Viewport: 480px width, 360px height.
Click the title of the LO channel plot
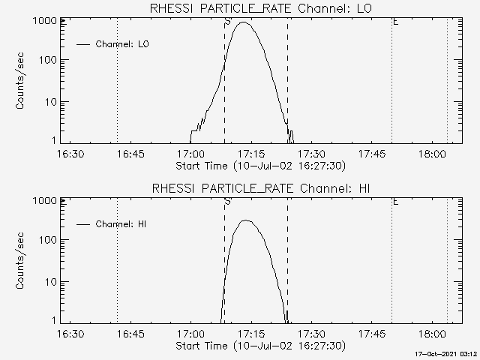pos(260,8)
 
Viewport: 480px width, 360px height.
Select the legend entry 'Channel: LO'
pos(123,44)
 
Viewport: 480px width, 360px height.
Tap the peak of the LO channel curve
pos(243,22)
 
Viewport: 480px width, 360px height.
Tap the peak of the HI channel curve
pos(245,220)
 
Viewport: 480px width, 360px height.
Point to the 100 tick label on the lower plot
pos(47,240)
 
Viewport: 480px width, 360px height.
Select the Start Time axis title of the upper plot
pos(259,165)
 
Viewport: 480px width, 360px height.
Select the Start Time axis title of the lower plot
pos(259,346)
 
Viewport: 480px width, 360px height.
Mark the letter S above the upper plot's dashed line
pos(226,22)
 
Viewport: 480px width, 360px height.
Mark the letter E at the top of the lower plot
pos(395,202)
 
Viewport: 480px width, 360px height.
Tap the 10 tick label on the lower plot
pos(50,282)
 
